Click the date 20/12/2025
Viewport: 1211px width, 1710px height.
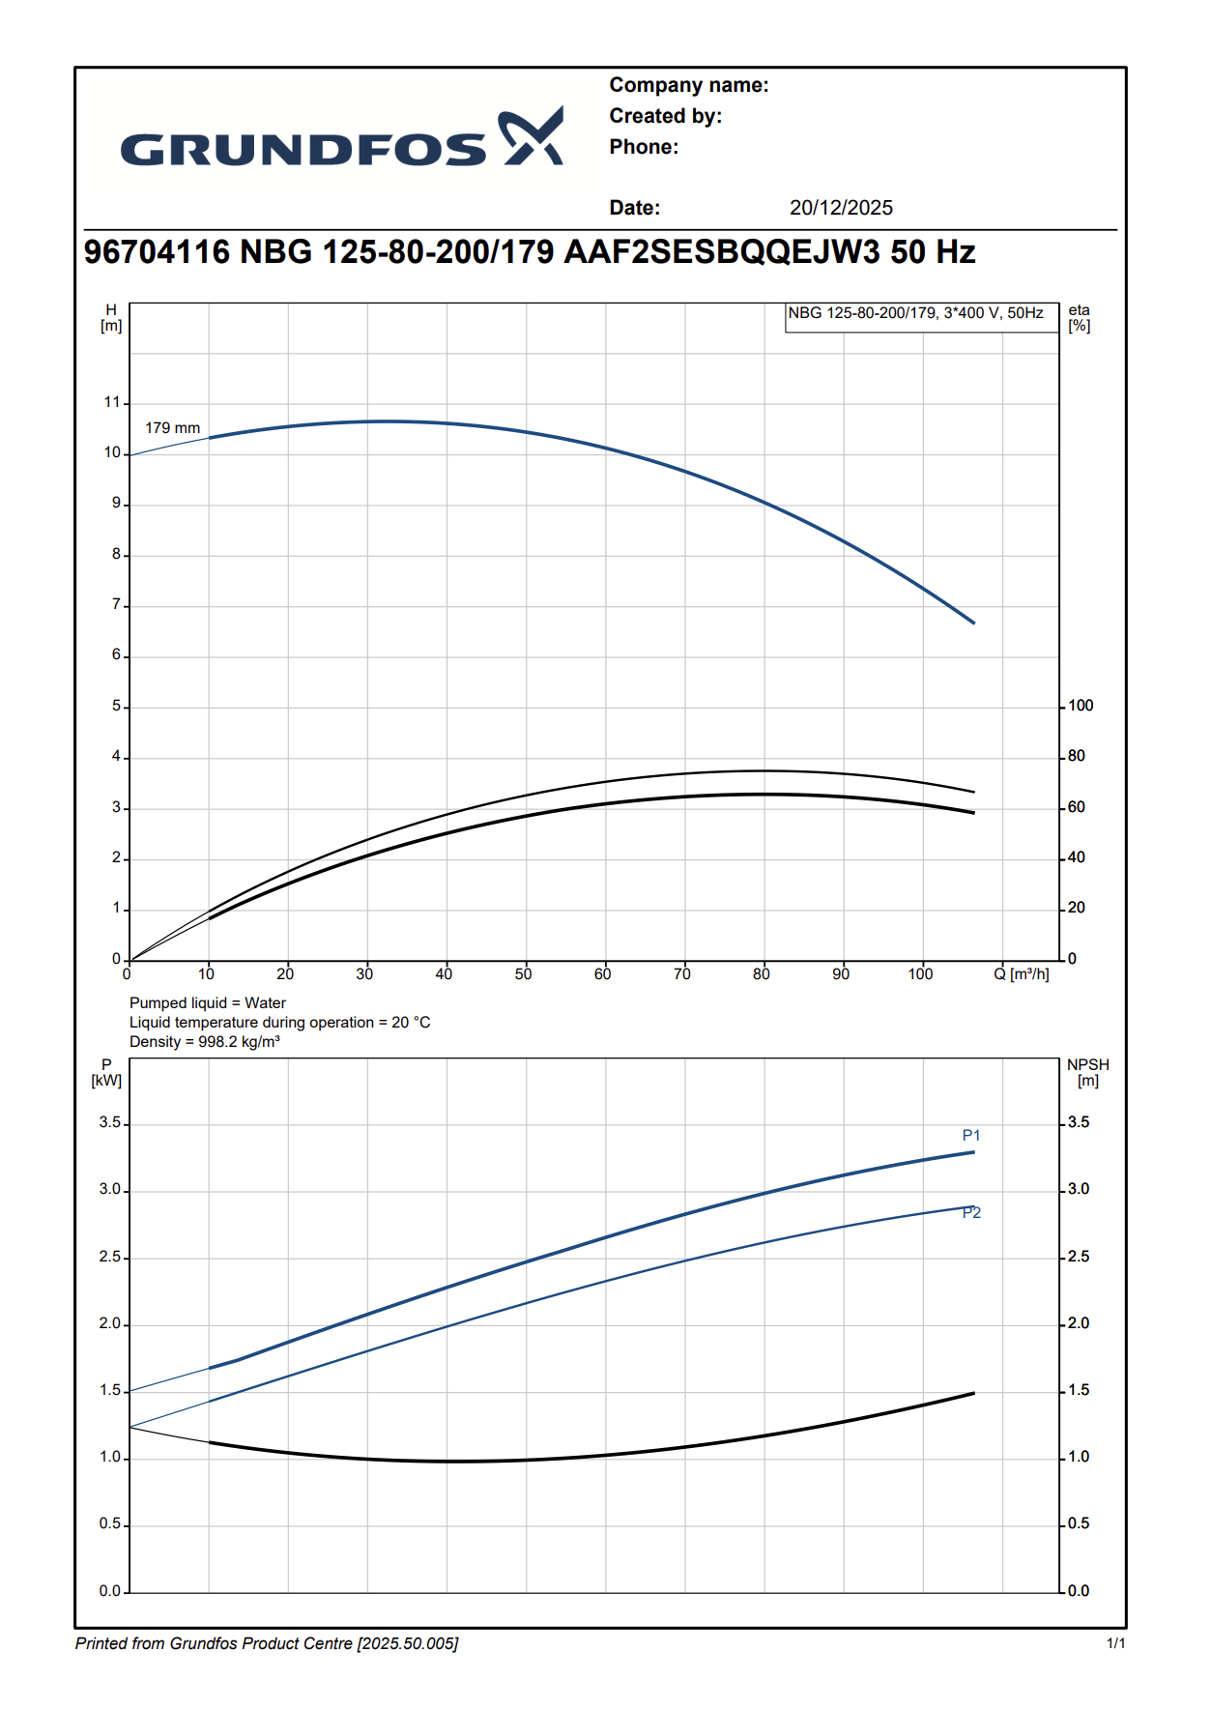[x=841, y=208]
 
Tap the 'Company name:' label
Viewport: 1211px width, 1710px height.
[x=688, y=85]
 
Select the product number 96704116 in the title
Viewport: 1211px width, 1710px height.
[x=157, y=252]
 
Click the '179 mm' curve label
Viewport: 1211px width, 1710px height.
[x=172, y=427]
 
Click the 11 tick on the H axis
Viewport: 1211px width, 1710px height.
[x=112, y=402]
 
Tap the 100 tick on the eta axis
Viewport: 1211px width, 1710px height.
[x=1081, y=706]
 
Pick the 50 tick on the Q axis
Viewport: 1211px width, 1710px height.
[x=523, y=974]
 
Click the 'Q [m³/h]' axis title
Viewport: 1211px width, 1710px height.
[x=1021, y=974]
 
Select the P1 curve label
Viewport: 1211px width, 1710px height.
[x=971, y=1136]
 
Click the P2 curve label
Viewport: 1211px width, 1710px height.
[x=971, y=1213]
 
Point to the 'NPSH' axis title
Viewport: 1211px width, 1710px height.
[x=1087, y=1065]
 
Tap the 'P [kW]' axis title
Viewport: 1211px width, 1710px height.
[x=106, y=1073]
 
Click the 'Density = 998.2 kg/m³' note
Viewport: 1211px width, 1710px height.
[x=205, y=1042]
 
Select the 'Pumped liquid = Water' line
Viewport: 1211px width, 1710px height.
[x=208, y=1003]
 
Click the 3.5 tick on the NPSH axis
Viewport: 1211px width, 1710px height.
[x=1078, y=1122]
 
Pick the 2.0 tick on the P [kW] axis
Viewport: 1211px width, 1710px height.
[x=110, y=1323]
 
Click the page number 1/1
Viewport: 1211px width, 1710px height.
[x=1115, y=1643]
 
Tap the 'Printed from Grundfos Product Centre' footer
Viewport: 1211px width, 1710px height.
[x=267, y=1643]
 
